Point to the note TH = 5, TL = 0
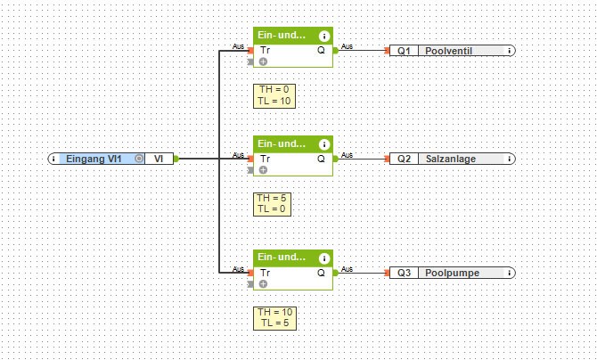tap(272, 203)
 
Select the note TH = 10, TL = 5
tap(274, 317)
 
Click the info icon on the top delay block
tap(323, 37)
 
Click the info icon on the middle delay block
tap(323, 143)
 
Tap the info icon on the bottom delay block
tap(323, 258)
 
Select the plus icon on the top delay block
tap(264, 62)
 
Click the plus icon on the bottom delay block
tap(264, 283)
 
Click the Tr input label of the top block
tap(265, 50)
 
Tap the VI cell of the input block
tap(158, 158)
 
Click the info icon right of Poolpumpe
tap(508, 272)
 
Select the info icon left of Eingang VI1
tap(55, 158)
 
